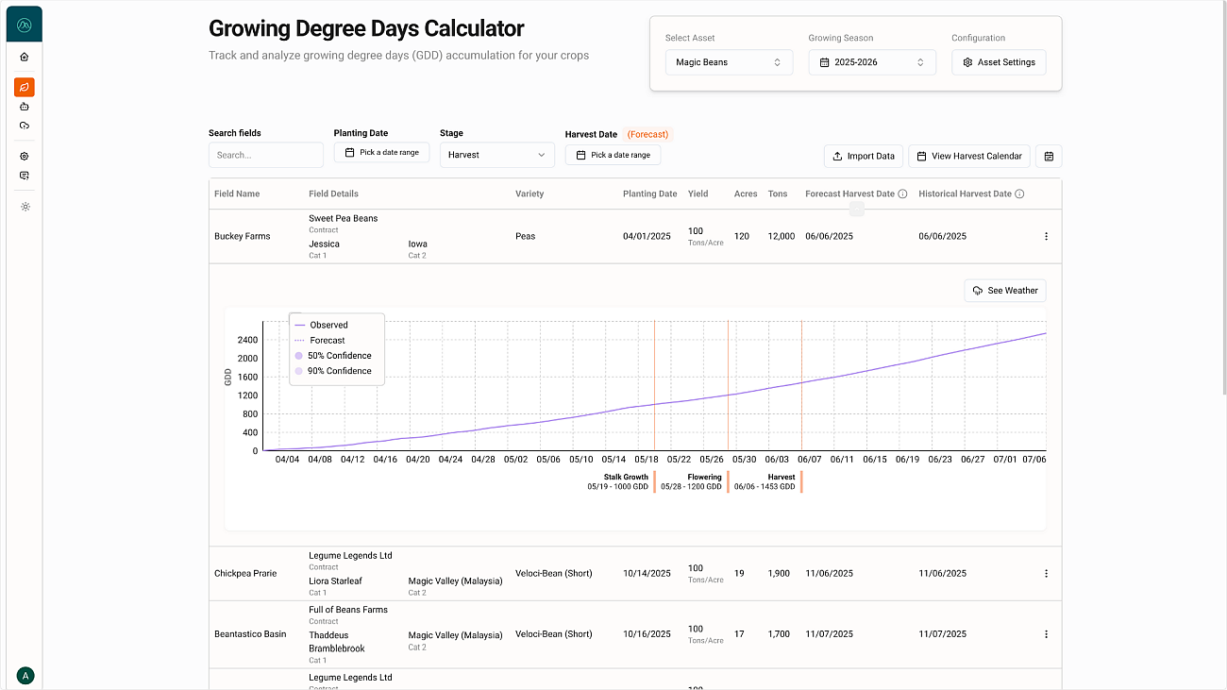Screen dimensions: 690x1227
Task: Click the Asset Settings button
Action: click(999, 62)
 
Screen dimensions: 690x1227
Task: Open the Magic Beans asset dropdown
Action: click(729, 62)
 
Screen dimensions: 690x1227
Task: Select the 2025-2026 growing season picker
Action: click(872, 62)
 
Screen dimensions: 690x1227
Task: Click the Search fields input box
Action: click(265, 155)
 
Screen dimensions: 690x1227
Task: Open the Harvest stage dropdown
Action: click(496, 155)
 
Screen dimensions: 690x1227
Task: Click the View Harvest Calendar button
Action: click(968, 156)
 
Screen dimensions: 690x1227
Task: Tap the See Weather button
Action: click(1005, 291)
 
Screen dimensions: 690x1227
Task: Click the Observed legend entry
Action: click(328, 325)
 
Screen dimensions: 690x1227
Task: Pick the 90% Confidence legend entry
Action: click(339, 371)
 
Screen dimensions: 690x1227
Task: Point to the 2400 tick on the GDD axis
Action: click(247, 340)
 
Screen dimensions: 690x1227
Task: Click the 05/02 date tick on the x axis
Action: click(515, 460)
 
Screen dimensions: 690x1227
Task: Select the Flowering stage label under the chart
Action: click(704, 478)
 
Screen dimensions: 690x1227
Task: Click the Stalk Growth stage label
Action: click(626, 478)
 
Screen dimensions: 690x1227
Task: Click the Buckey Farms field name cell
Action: click(243, 236)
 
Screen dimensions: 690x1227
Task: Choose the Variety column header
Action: click(529, 194)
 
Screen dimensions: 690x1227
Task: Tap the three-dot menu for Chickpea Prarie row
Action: click(1046, 573)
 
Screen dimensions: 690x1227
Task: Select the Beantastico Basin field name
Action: click(250, 634)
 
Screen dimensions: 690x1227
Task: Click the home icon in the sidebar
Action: click(25, 57)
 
